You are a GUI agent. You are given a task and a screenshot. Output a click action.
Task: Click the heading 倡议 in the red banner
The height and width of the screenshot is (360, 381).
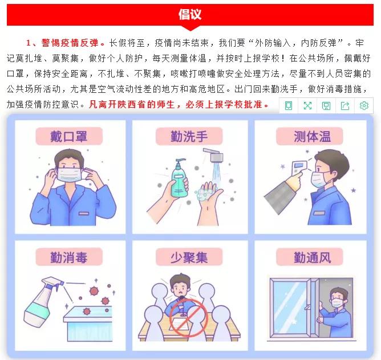tap(190, 14)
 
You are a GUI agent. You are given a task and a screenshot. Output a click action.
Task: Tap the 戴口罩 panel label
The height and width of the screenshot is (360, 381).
tap(69, 136)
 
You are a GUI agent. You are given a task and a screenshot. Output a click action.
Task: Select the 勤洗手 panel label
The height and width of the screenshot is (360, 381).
tap(189, 137)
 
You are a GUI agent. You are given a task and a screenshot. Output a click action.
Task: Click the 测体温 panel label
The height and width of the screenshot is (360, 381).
tap(311, 137)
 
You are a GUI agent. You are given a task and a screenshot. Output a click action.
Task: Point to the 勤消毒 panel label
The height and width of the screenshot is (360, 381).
tap(69, 257)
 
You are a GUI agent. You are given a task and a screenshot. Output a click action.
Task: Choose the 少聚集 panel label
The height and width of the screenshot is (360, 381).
tap(189, 257)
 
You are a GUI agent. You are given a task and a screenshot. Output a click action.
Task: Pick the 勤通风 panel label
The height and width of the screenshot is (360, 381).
tap(311, 257)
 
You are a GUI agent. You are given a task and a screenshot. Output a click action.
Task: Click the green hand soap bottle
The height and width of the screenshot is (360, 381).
tap(179, 177)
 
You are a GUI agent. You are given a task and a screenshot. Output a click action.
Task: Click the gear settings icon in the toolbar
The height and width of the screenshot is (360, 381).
tap(363, 105)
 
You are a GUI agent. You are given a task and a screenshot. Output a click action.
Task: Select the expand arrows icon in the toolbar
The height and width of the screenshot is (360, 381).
tap(307, 105)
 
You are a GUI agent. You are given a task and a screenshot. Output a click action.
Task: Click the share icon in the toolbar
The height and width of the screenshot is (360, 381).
tap(344, 105)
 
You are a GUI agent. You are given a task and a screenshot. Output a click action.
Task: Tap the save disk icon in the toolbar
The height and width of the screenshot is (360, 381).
tap(326, 105)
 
